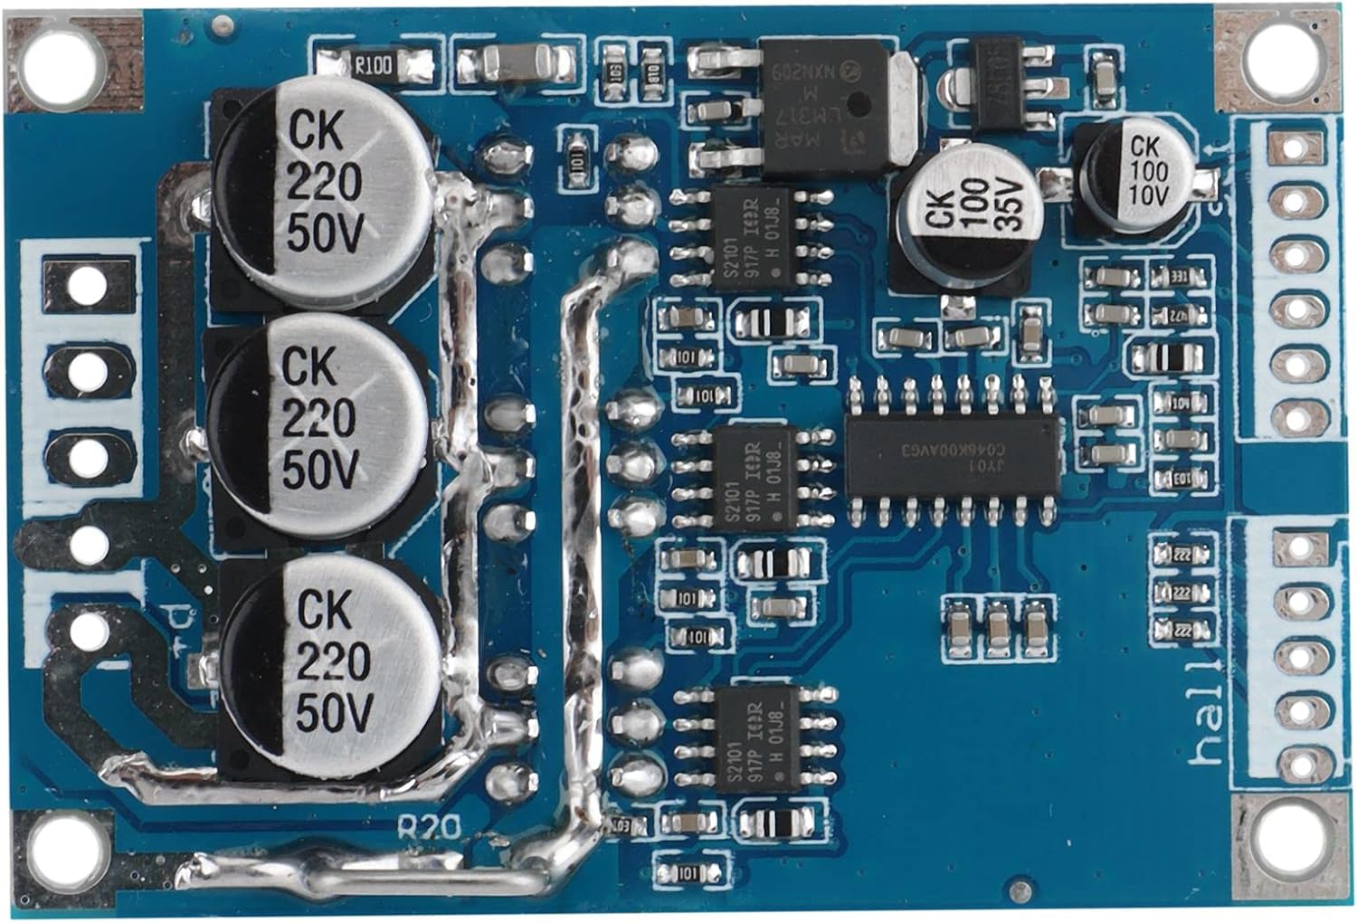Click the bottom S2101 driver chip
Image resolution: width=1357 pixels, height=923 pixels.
coord(758,738)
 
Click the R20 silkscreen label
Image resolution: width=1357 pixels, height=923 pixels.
coord(430,824)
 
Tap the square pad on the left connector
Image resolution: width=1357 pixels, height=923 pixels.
coord(87,283)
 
